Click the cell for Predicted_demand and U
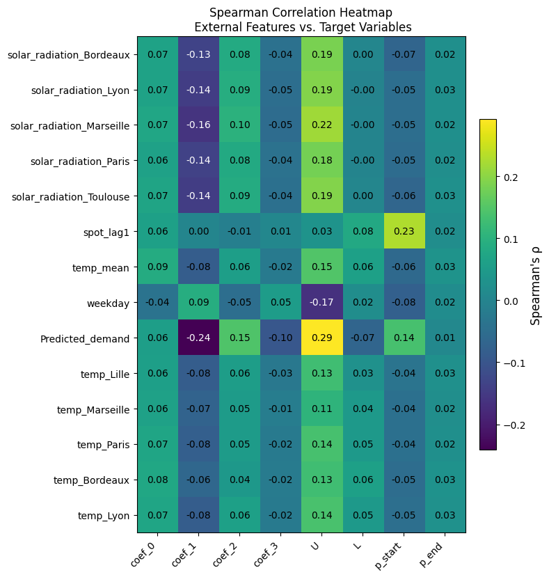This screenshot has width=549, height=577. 321,338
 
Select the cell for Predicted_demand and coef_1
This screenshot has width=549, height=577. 198,338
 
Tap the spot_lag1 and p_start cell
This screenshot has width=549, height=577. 404,232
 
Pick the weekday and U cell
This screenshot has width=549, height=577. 321,303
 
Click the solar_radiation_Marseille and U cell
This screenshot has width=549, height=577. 321,125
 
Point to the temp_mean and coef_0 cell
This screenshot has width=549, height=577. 157,267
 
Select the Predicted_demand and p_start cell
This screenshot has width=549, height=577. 404,338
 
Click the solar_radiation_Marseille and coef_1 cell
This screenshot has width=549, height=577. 198,125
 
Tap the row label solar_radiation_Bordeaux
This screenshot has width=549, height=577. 68,54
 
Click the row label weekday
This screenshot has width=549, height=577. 110,303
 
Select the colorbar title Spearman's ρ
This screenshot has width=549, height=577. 535,285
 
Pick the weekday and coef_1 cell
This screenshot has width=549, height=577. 198,303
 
